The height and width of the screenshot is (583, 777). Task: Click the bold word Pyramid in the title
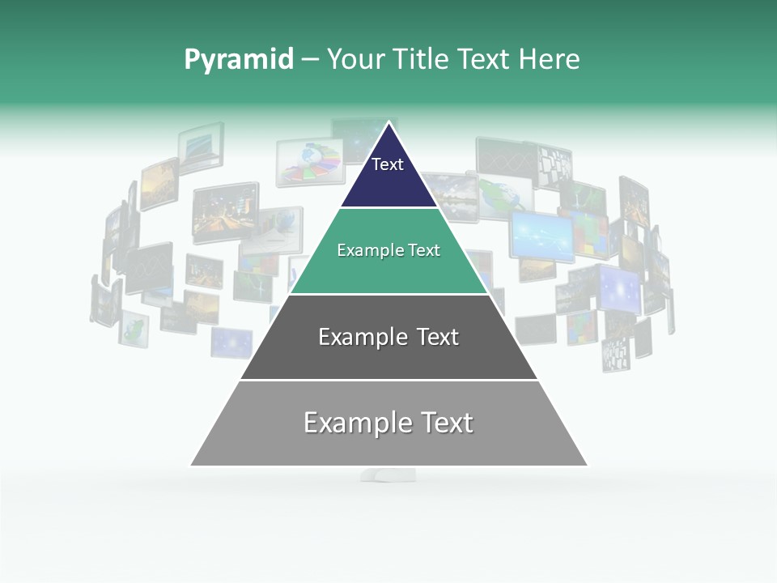(x=239, y=60)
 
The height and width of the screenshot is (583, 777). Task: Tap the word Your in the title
(x=353, y=60)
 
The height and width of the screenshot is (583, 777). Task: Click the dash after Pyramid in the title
(x=310, y=60)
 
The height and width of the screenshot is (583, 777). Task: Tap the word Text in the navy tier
(x=388, y=164)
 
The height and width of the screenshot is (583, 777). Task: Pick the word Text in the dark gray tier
(x=435, y=337)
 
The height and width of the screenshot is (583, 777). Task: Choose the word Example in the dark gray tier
(x=363, y=337)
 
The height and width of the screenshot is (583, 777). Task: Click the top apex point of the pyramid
(x=389, y=122)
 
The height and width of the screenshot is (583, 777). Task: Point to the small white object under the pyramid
(x=388, y=474)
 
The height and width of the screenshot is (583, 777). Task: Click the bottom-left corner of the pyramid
(x=191, y=466)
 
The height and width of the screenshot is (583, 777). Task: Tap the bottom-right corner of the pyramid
(x=588, y=466)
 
